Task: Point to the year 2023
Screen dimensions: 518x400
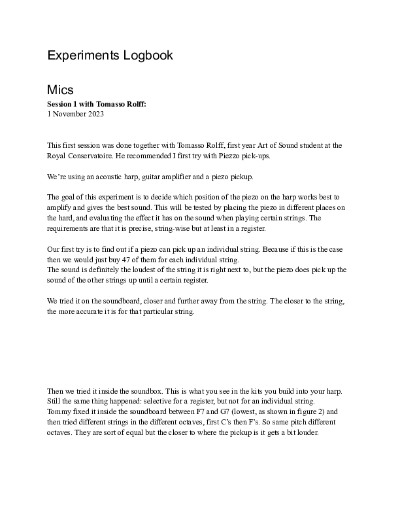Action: (94, 114)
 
